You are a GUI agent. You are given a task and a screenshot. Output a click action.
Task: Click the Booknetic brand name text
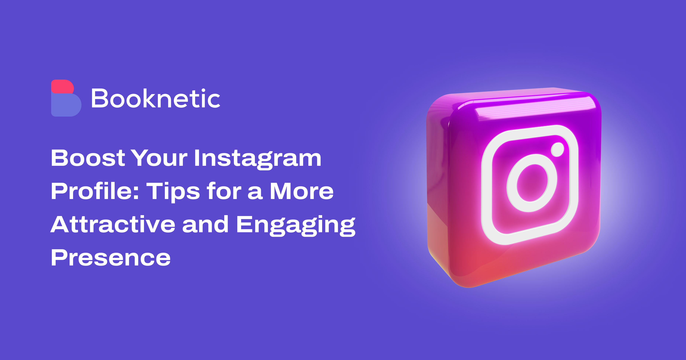click(x=156, y=99)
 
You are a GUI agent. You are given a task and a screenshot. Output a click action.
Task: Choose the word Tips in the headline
click(x=173, y=192)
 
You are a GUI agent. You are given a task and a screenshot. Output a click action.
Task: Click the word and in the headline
click(x=205, y=224)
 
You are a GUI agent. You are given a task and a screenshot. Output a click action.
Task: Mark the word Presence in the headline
click(x=111, y=258)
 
